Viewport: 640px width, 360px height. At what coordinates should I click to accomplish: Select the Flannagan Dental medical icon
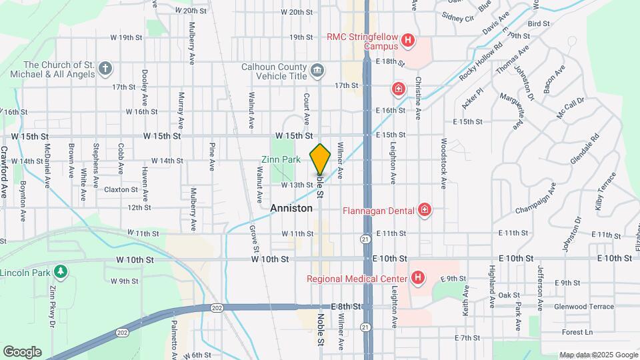[425, 211]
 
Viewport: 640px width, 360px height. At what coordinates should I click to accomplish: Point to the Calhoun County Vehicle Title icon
[317, 69]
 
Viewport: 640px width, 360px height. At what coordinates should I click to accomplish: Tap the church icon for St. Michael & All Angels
[104, 68]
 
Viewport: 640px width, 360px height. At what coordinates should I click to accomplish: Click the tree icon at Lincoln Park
[61, 271]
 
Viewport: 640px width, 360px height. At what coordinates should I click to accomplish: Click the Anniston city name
[291, 208]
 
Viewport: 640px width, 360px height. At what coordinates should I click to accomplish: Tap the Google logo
[22, 351]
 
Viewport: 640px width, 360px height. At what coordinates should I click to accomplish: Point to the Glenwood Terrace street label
[583, 307]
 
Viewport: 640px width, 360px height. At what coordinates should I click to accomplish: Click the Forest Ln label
[577, 332]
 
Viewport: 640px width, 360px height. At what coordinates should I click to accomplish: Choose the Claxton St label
[121, 189]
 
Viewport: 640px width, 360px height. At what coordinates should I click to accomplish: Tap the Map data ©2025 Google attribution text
[597, 355]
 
